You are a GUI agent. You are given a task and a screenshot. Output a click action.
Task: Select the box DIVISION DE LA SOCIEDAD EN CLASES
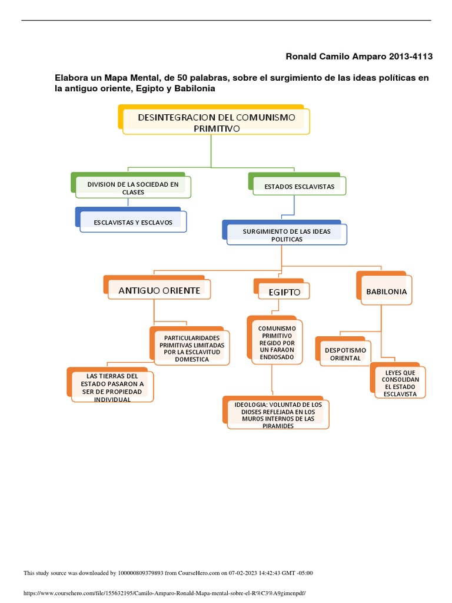133,188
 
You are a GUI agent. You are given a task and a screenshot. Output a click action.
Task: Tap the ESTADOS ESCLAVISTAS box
299,186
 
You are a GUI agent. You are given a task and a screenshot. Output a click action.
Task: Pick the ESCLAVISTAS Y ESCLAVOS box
132,222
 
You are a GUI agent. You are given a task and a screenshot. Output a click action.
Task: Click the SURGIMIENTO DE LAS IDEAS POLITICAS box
287,236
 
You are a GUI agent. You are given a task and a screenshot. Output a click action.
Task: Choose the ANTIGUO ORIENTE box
159,290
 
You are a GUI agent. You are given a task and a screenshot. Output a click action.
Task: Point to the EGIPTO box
284,292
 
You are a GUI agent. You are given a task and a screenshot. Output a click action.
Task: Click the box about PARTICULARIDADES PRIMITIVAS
187,348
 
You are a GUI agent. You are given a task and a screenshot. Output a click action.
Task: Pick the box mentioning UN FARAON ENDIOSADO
272,341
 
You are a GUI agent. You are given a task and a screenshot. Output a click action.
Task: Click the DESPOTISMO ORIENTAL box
345,354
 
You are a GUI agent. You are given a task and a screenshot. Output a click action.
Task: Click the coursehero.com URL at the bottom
164,593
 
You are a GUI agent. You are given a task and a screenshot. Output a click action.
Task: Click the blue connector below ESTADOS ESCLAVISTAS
294,207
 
